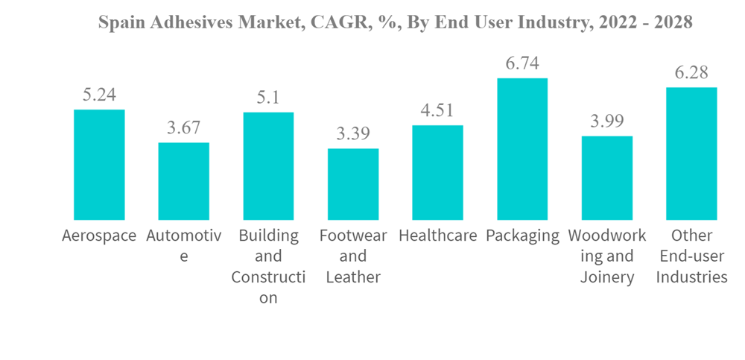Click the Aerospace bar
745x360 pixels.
99,165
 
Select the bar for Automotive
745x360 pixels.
183,181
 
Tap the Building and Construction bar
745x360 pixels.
268,166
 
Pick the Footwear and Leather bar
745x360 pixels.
353,184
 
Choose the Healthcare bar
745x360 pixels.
437,172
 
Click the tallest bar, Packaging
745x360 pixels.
522,149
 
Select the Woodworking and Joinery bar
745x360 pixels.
606,178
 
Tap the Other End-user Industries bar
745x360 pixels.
691,154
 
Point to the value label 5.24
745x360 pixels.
99,95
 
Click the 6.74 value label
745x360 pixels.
522,63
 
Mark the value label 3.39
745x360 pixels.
353,134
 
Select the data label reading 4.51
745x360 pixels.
437,111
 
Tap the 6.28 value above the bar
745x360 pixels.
691,73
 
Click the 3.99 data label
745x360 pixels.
606,121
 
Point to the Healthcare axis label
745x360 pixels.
437,236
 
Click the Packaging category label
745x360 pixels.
522,236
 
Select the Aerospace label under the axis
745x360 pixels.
99,236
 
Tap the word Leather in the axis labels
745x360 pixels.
353,277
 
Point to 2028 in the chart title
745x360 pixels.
673,23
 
